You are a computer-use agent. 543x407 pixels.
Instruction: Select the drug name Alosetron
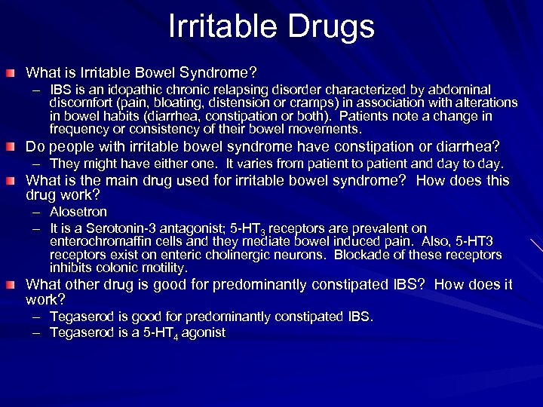coord(78,213)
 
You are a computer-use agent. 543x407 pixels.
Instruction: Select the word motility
coord(164,268)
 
